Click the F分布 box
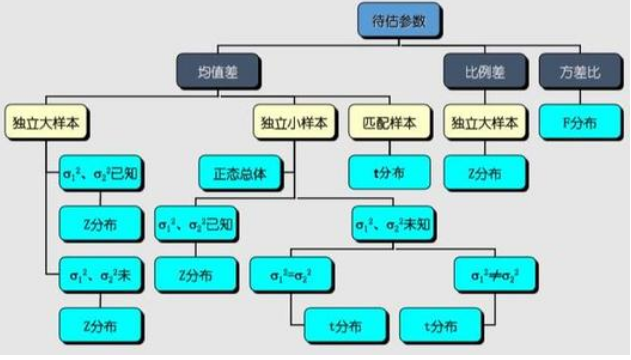coord(580,122)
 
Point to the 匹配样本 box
coord(390,122)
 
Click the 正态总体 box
coord(240,171)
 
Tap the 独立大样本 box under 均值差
coord(47,122)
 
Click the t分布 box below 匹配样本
coord(390,171)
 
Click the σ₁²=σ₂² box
coord(289,272)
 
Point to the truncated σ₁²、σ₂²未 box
coord(101,272)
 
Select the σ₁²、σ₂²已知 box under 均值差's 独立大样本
coord(101,171)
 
